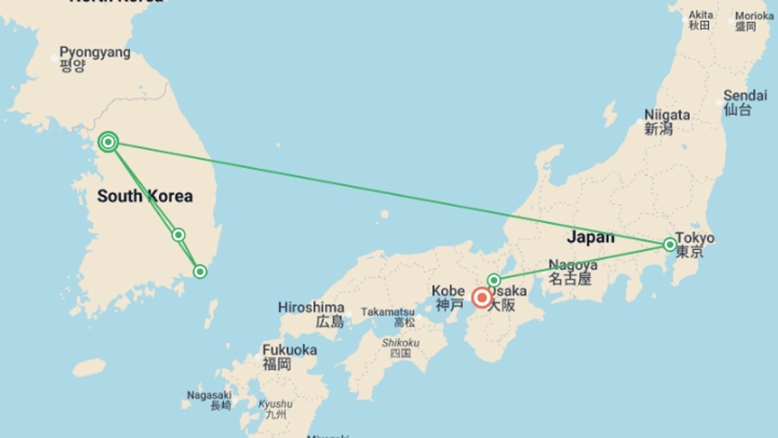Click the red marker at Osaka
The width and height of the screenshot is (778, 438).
pos(482,298)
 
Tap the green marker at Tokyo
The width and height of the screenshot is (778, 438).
pos(670,245)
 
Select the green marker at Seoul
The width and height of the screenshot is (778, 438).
pos(108,142)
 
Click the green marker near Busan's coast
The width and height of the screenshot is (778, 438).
pos(200,271)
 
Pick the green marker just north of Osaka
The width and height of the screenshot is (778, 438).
pos(494,280)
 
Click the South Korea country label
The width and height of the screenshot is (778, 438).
pos(145,196)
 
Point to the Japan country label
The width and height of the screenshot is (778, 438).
pos(590,237)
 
